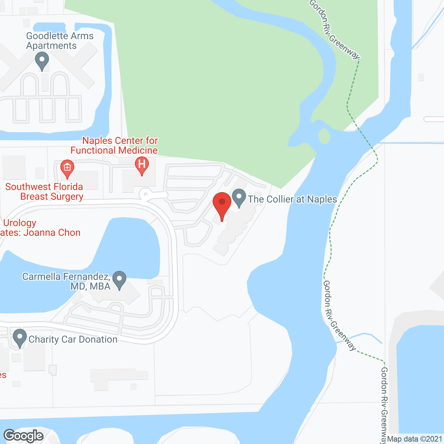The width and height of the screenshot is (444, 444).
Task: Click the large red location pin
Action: click(222, 205)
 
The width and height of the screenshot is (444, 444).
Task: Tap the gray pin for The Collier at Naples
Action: click(239, 198)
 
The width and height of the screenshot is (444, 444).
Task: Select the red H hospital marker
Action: click(142, 164)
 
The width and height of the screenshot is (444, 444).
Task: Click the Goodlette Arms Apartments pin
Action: click(42, 61)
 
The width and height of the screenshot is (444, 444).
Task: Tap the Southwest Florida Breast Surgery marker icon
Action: click(67, 168)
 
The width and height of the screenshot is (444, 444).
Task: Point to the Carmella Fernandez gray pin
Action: click(119, 280)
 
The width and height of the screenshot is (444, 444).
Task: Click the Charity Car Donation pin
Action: click(19, 338)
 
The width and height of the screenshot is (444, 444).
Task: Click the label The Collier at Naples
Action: click(292, 199)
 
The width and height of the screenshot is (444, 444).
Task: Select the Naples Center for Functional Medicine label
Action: click(114, 145)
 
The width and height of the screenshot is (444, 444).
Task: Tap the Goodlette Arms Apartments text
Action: click(60, 41)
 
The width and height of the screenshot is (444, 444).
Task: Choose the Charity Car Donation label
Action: click(73, 339)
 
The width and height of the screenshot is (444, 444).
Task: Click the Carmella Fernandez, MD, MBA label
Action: click(66, 281)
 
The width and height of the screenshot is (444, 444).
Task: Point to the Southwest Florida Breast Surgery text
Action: click(44, 191)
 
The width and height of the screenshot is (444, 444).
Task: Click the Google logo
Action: click(24, 436)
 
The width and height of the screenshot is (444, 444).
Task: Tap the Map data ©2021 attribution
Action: click(415, 439)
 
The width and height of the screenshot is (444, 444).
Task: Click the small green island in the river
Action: click(324, 136)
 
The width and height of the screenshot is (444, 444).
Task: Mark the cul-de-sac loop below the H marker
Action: click(145, 194)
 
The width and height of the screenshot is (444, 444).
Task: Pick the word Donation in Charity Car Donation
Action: click(98, 339)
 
